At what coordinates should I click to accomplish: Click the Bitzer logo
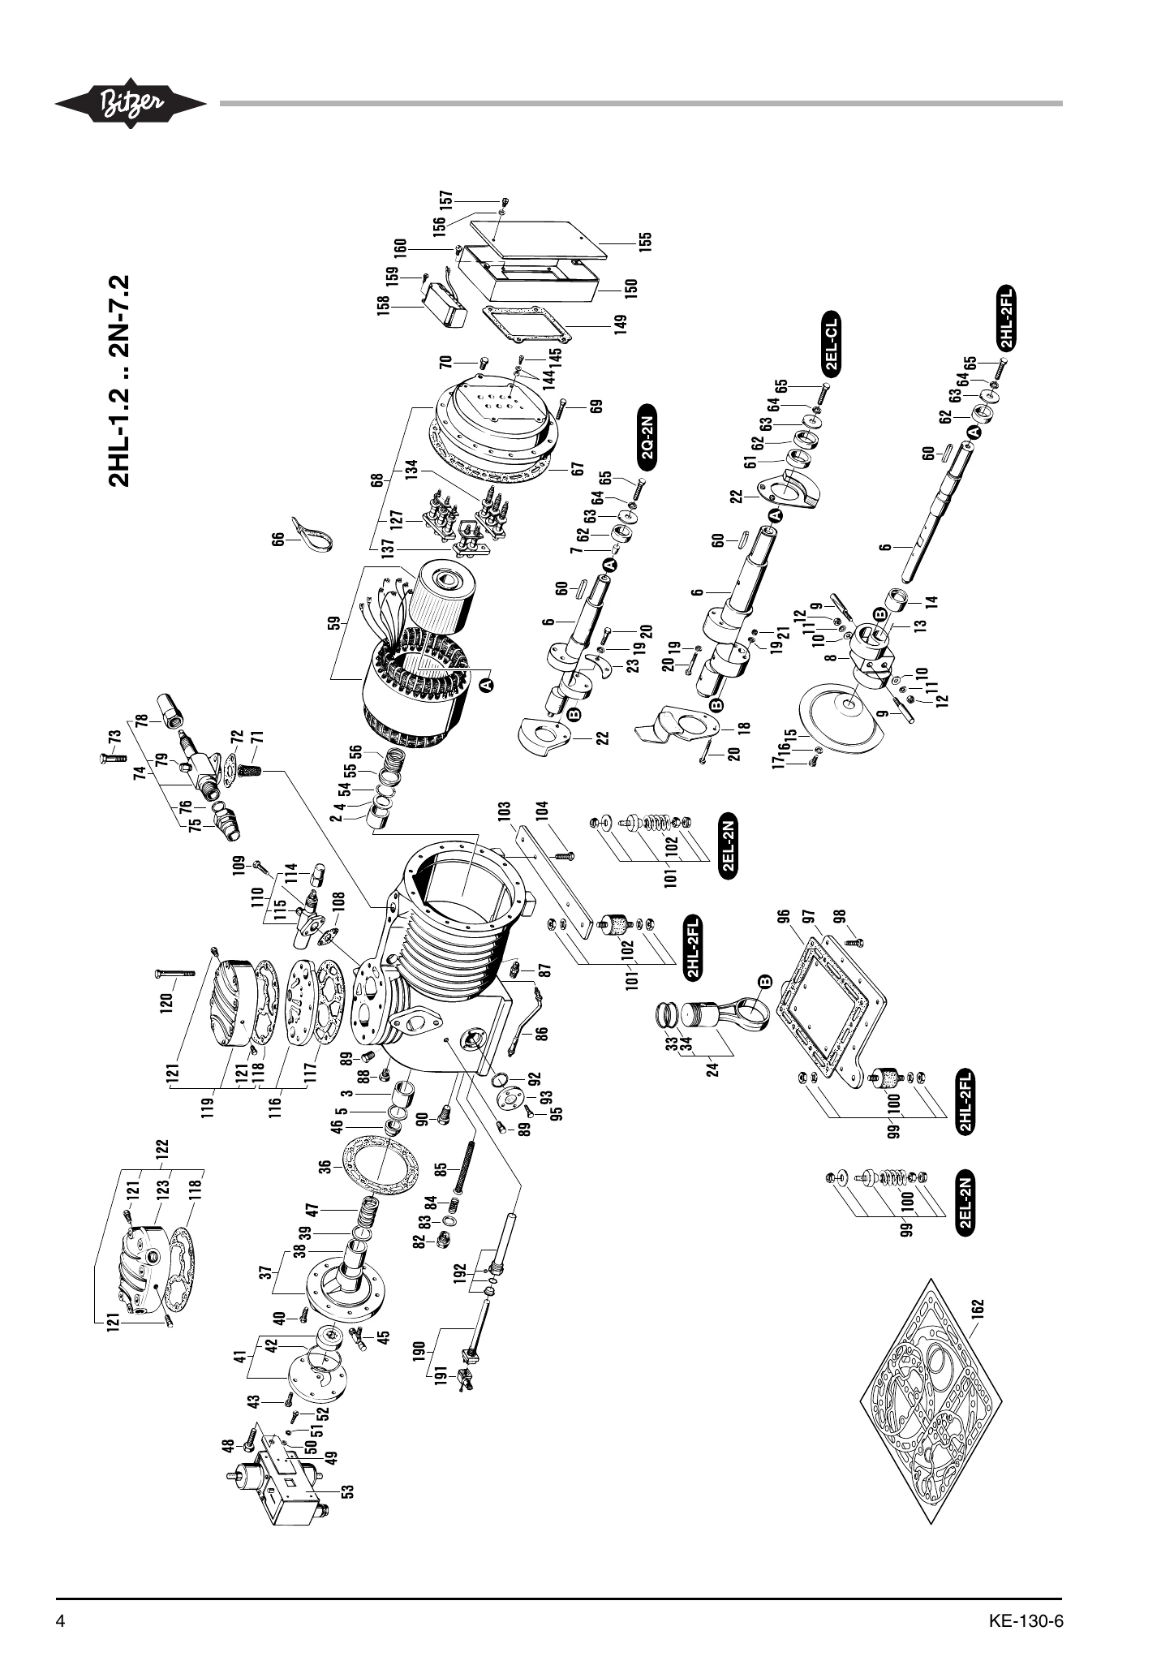tap(130, 104)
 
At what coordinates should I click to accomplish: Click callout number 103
tap(505, 812)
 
